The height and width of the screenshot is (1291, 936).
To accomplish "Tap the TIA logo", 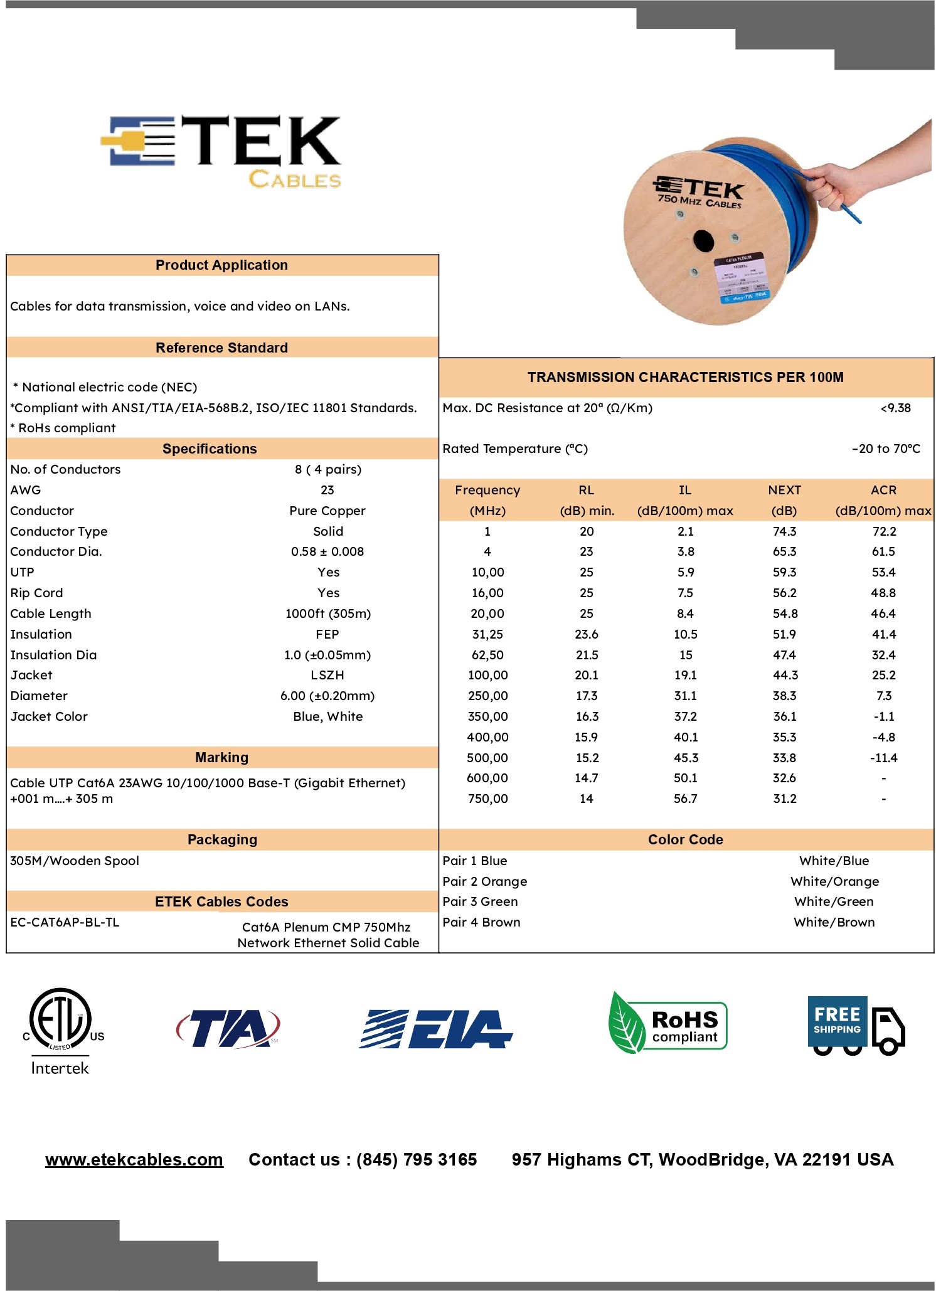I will pos(228,1028).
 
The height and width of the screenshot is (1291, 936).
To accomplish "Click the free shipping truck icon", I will pos(856,1025).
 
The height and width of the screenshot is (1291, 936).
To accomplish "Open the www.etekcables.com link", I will pos(134,1159).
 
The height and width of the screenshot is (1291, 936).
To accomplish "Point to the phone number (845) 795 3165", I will pos(417,1159).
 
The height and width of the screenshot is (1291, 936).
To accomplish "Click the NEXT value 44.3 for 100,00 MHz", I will pos(784,675).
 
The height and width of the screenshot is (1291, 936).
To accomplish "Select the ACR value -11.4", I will pos(883,758).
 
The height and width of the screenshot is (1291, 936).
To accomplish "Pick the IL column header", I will pos(684,490).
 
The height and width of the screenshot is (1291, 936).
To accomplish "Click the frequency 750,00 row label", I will pos(487,799).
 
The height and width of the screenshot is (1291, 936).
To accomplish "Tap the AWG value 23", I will pos(327,490).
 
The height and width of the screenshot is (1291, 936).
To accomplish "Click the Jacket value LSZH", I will pos(327,675).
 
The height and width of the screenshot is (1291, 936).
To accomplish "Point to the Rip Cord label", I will pos(36,593).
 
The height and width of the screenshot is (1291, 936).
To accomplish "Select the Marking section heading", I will pos(221,757).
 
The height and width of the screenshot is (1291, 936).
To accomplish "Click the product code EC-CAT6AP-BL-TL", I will pos(65,922).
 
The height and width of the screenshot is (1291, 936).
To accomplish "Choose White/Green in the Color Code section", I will pos(833,901).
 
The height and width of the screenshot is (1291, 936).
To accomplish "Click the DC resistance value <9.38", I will pos(895,408).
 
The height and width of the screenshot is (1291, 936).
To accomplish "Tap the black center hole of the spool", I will pos(703,241).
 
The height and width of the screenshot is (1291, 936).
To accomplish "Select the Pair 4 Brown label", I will pos(481,922).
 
